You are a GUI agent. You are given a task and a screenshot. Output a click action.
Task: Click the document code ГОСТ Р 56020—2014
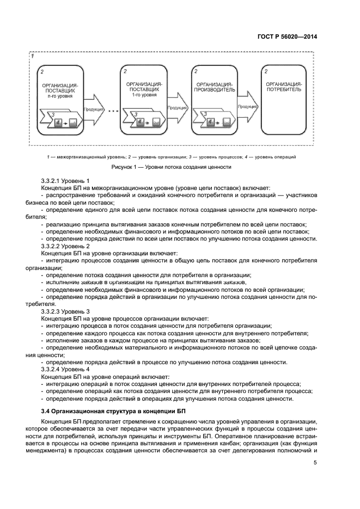[x=290, y=36]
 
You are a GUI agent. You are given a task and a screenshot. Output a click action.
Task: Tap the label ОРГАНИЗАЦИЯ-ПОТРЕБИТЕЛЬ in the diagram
[x=284, y=87]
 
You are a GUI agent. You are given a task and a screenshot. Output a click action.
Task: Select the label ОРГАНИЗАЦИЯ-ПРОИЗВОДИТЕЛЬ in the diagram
[x=216, y=87]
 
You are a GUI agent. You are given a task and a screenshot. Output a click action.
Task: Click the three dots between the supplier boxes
[x=113, y=111]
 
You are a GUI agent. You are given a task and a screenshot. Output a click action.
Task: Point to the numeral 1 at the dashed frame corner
[x=33, y=57]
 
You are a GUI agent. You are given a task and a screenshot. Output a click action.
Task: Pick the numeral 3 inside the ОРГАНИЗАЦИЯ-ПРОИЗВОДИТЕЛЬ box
[x=205, y=115]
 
